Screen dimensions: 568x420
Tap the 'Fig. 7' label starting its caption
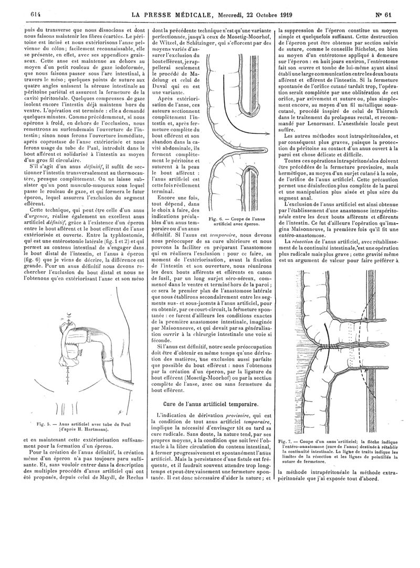(x=286, y=439)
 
